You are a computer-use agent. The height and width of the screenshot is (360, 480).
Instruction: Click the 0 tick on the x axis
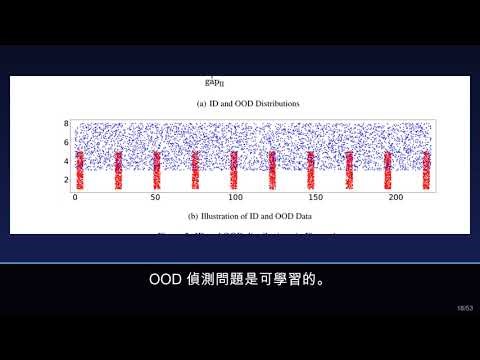coord(76,198)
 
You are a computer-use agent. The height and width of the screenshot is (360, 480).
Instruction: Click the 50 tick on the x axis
coord(154,198)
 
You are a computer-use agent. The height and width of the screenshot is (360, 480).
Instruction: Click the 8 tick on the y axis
coord(66,124)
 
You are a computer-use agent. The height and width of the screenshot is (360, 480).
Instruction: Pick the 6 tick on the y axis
coord(66,142)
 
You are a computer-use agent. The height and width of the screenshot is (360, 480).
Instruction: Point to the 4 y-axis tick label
coord(66,161)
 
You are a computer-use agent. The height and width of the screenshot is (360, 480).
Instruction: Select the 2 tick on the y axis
coord(66,180)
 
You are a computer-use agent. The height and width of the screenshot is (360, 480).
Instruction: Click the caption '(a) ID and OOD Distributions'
coord(240,104)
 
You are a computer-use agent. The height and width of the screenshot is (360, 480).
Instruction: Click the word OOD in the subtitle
coord(166,278)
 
